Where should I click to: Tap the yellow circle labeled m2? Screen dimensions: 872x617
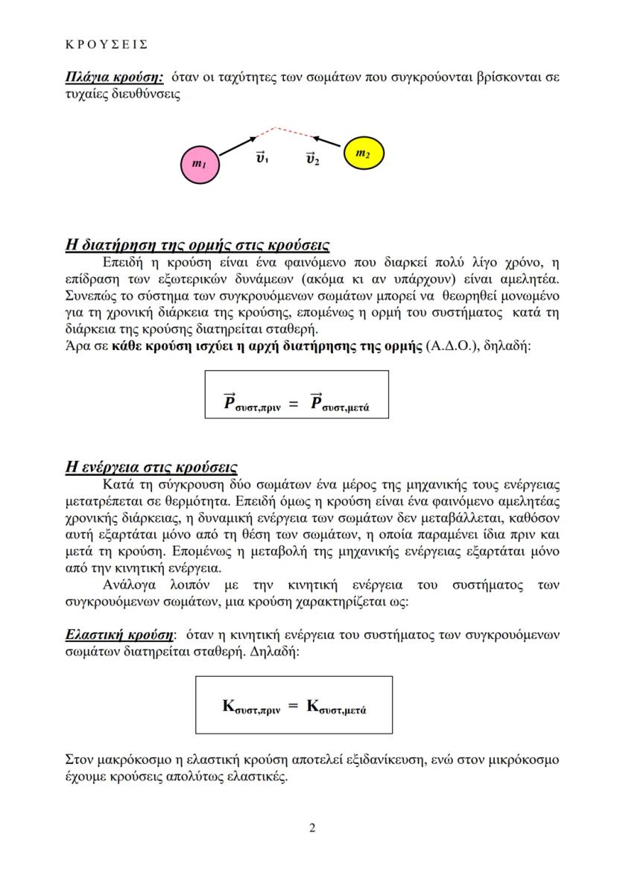pos(363,154)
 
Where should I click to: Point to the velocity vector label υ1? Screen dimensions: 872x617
pos(262,158)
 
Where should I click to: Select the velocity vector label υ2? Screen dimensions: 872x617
pos(313,159)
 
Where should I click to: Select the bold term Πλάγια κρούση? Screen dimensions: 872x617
pos(115,77)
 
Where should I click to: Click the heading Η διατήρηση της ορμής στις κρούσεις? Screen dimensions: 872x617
pos(197,245)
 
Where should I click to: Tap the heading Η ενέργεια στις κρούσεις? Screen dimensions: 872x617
pos(152,467)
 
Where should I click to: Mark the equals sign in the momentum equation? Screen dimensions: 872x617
pos(294,404)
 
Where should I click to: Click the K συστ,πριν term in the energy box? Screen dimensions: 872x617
pos(251,706)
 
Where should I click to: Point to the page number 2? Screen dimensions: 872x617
pos(312,828)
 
